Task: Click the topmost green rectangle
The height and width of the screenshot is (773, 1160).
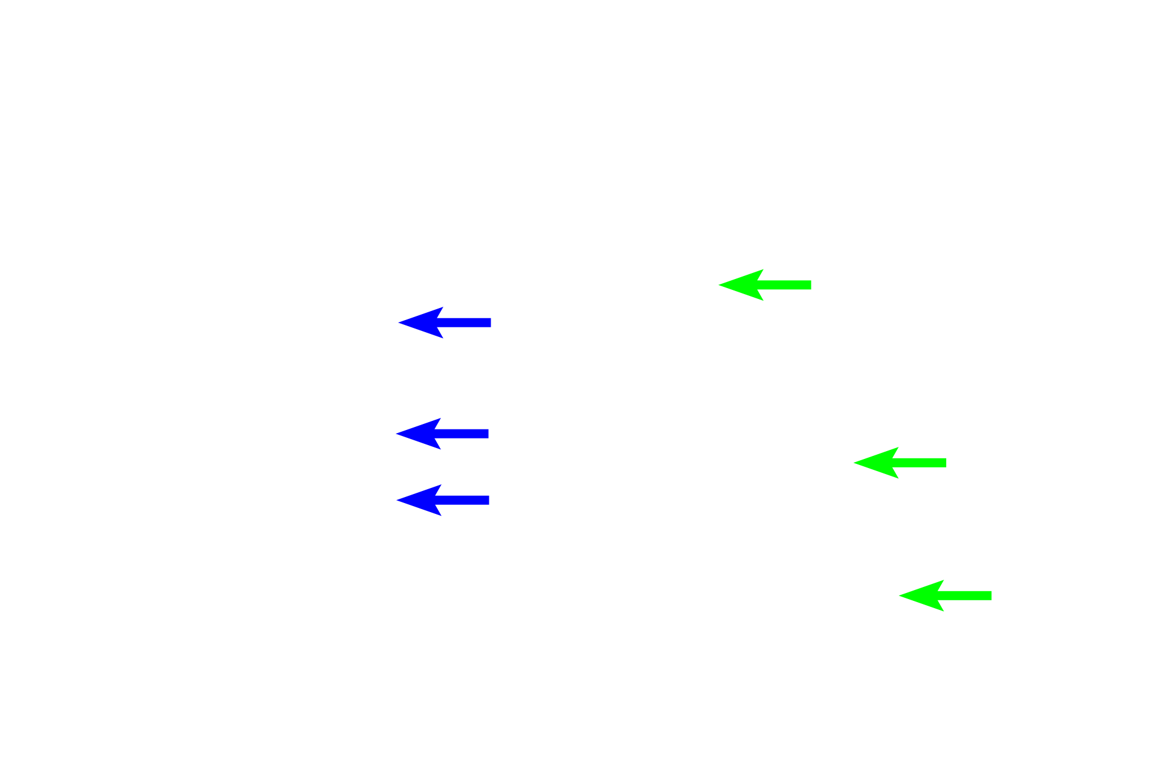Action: click(x=764, y=285)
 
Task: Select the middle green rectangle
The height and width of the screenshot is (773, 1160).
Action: click(x=900, y=463)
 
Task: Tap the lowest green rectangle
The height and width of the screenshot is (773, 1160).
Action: click(x=944, y=595)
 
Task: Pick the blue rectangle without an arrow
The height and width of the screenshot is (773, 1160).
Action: click(x=444, y=322)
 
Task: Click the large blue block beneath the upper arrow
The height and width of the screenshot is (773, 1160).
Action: click(x=442, y=434)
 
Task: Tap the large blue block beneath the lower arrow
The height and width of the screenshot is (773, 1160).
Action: click(x=442, y=500)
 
